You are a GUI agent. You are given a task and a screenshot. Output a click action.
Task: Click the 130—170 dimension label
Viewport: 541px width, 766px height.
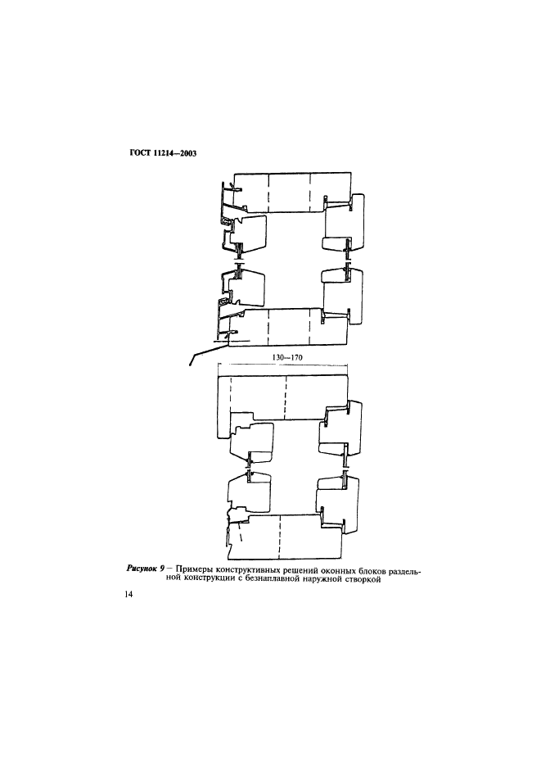click(x=286, y=357)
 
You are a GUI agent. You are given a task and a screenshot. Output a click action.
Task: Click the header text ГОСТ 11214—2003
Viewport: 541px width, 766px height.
click(x=163, y=153)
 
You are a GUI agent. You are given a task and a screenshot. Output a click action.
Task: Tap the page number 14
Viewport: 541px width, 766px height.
click(x=129, y=594)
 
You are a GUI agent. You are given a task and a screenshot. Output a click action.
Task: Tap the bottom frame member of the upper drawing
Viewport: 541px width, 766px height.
click(x=288, y=328)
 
